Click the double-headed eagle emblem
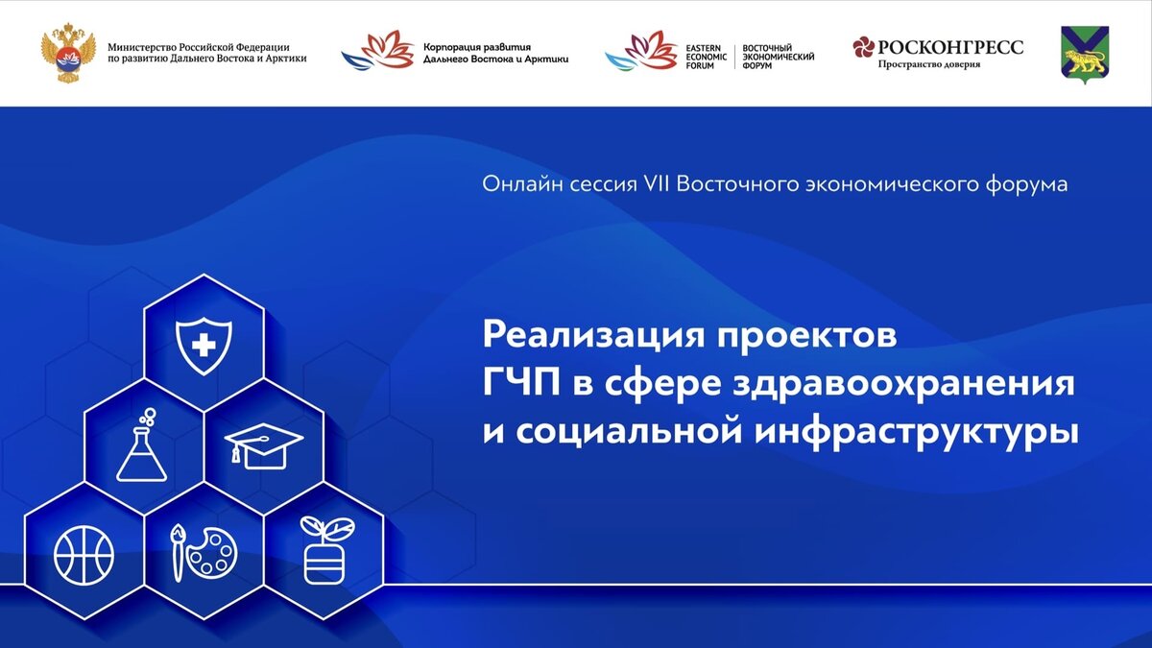pyautogui.click(x=68, y=52)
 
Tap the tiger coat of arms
pyautogui.click(x=1085, y=55)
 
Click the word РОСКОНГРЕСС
pyautogui.click(x=951, y=47)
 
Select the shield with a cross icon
pyautogui.click(x=204, y=347)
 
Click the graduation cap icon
pyautogui.click(x=264, y=445)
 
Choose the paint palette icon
pyautogui.click(x=204, y=553)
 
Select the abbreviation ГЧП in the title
pyautogui.click(x=521, y=384)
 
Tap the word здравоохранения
pyautogui.click(x=903, y=386)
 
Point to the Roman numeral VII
pyautogui.click(x=657, y=184)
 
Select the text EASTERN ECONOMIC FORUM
pyautogui.click(x=707, y=57)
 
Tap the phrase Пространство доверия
pyautogui.click(x=929, y=64)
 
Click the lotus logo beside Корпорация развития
pyautogui.click(x=377, y=50)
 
